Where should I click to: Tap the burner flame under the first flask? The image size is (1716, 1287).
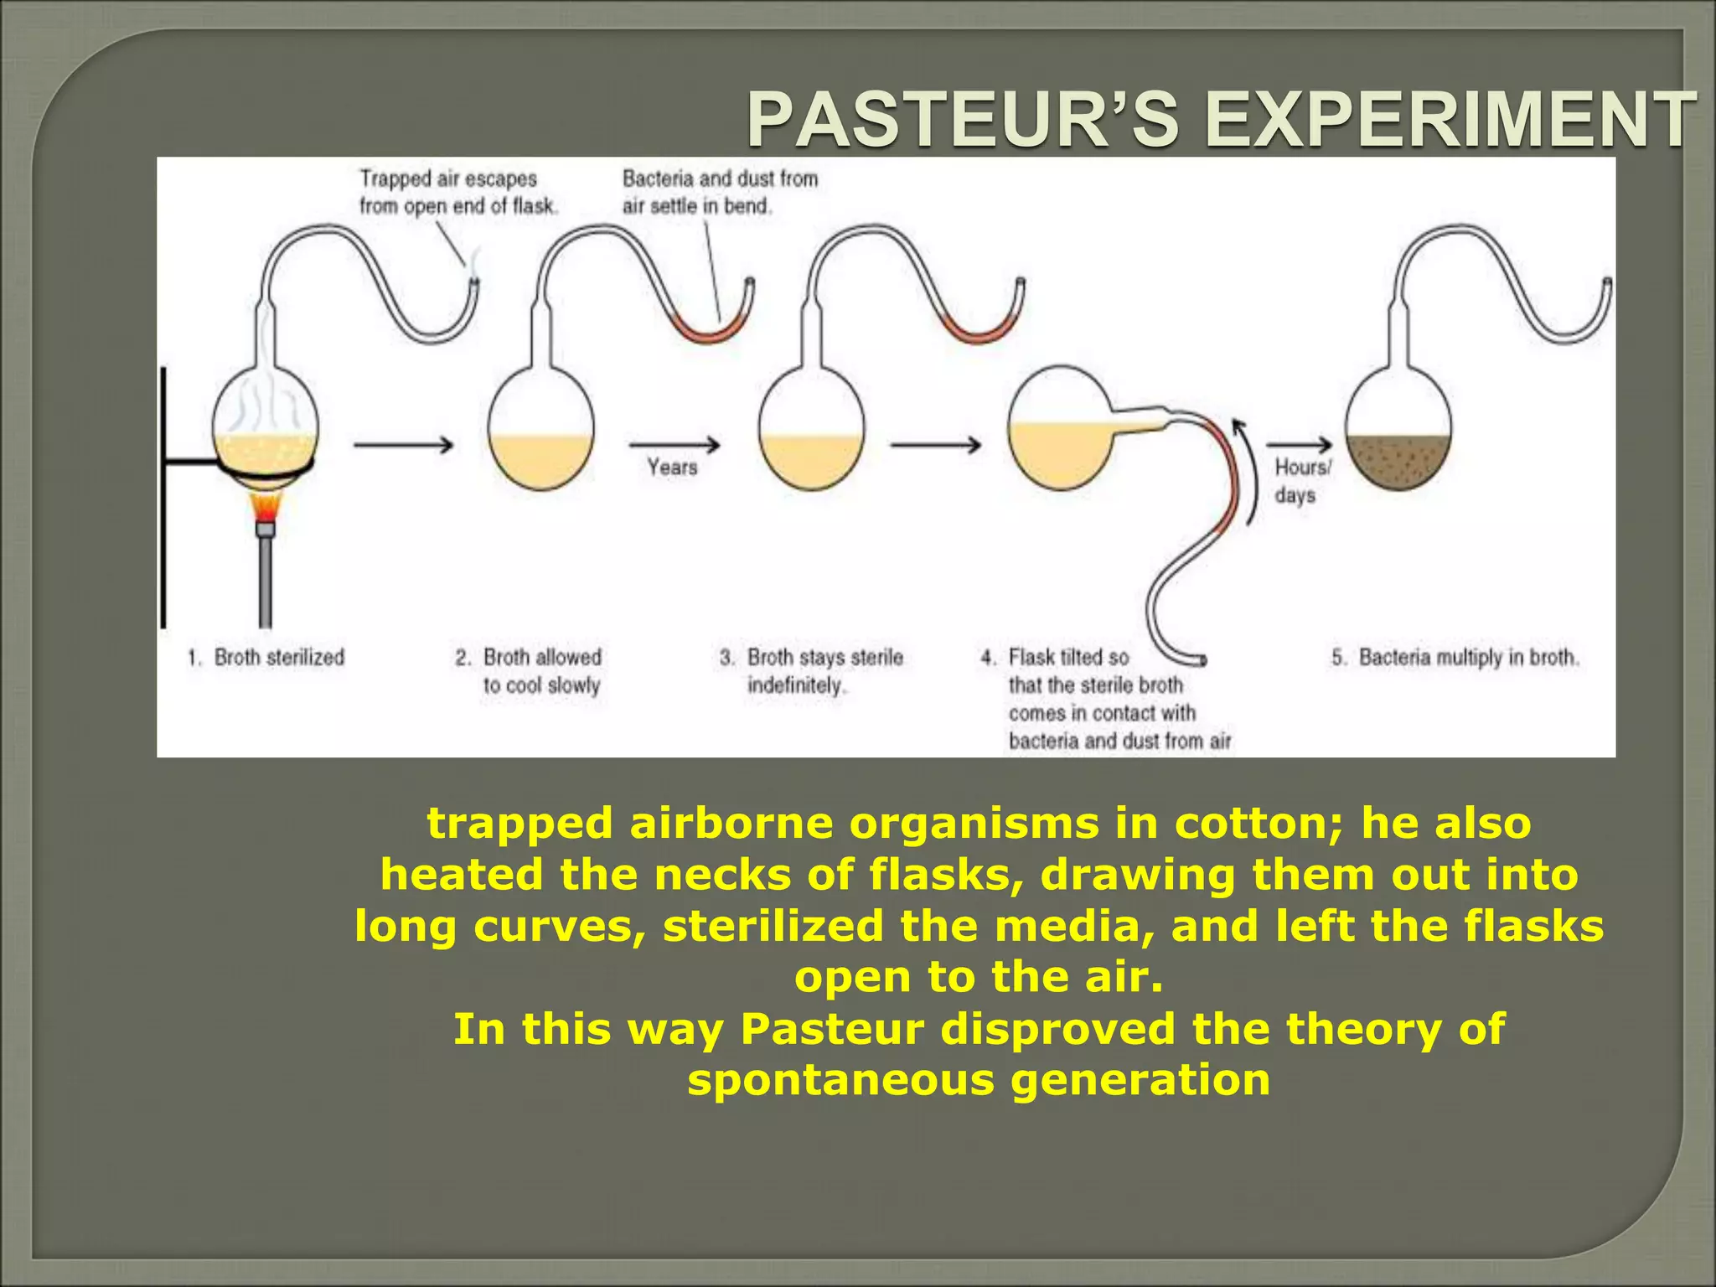tap(266, 508)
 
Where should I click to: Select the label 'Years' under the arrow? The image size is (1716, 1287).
tap(672, 468)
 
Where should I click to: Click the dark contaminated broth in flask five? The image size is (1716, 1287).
tap(1398, 462)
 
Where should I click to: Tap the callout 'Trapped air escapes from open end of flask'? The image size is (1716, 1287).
tap(457, 192)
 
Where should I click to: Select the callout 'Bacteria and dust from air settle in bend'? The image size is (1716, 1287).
tap(719, 192)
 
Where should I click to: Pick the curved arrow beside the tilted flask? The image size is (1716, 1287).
tap(1248, 469)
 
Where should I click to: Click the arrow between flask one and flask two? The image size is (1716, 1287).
tap(403, 445)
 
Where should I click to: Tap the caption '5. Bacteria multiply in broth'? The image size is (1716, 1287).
tap(1455, 658)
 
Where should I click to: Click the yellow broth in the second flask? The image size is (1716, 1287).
tap(540, 462)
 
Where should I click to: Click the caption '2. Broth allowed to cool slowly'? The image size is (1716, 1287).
tap(530, 671)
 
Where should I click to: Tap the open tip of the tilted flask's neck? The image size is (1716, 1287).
tap(1203, 659)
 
